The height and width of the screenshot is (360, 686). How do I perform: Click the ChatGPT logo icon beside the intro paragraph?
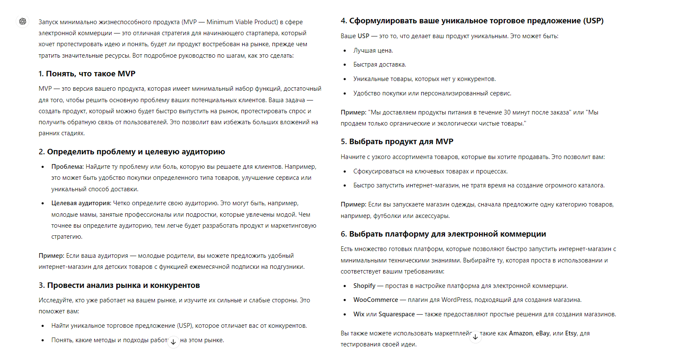click(x=23, y=21)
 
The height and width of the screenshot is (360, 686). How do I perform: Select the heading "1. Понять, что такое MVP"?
click(x=87, y=74)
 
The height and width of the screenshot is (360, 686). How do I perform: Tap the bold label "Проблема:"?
click(x=67, y=167)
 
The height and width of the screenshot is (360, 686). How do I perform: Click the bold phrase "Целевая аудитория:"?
click(x=81, y=203)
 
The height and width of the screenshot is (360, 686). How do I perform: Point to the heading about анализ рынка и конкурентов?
click(x=119, y=285)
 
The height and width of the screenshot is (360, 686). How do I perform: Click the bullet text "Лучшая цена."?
click(x=373, y=50)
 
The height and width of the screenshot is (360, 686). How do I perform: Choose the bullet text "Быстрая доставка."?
click(x=380, y=64)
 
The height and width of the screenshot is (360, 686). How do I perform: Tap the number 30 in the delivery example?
click(x=507, y=112)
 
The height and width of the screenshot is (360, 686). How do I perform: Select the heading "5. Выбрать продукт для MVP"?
click(x=397, y=142)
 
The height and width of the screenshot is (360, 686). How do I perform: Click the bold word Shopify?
click(x=364, y=286)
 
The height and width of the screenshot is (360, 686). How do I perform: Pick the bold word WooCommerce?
click(x=375, y=300)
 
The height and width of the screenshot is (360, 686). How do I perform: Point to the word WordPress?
click(x=456, y=300)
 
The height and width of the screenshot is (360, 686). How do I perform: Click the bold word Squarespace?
click(x=396, y=314)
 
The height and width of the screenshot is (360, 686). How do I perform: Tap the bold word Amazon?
click(x=521, y=333)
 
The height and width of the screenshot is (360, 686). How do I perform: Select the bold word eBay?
click(x=543, y=333)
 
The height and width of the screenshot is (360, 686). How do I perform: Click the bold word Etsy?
click(x=571, y=333)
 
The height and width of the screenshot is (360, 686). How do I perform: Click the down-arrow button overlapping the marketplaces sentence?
click(x=476, y=337)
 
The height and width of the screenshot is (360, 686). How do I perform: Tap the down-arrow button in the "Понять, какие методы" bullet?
click(x=174, y=342)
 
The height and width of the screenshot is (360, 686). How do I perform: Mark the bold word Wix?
click(x=358, y=314)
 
